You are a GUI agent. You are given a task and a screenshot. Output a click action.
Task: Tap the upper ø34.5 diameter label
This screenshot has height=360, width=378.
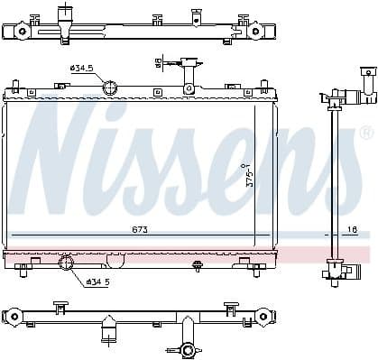[x=82, y=68]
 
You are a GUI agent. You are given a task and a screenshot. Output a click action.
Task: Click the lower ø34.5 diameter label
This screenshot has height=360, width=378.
[x=98, y=282]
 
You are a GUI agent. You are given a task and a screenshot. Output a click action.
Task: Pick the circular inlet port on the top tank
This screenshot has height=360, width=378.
[x=110, y=88]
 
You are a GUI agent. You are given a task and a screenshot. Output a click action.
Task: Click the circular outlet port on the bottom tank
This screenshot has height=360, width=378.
[x=67, y=263]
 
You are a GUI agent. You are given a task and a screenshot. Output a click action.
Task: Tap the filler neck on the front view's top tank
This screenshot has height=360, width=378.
[x=190, y=70]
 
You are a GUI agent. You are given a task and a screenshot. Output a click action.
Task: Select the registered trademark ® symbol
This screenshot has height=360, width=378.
[x=365, y=133]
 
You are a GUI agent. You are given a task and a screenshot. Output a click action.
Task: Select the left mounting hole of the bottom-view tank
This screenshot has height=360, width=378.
[x=14, y=316]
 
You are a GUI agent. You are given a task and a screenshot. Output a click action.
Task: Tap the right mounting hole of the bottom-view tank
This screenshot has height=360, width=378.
[x=262, y=316]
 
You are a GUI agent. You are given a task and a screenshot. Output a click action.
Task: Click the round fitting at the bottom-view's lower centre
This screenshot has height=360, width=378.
[x=188, y=350]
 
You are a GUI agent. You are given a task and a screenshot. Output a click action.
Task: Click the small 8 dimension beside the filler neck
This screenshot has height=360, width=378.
[x=159, y=62]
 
